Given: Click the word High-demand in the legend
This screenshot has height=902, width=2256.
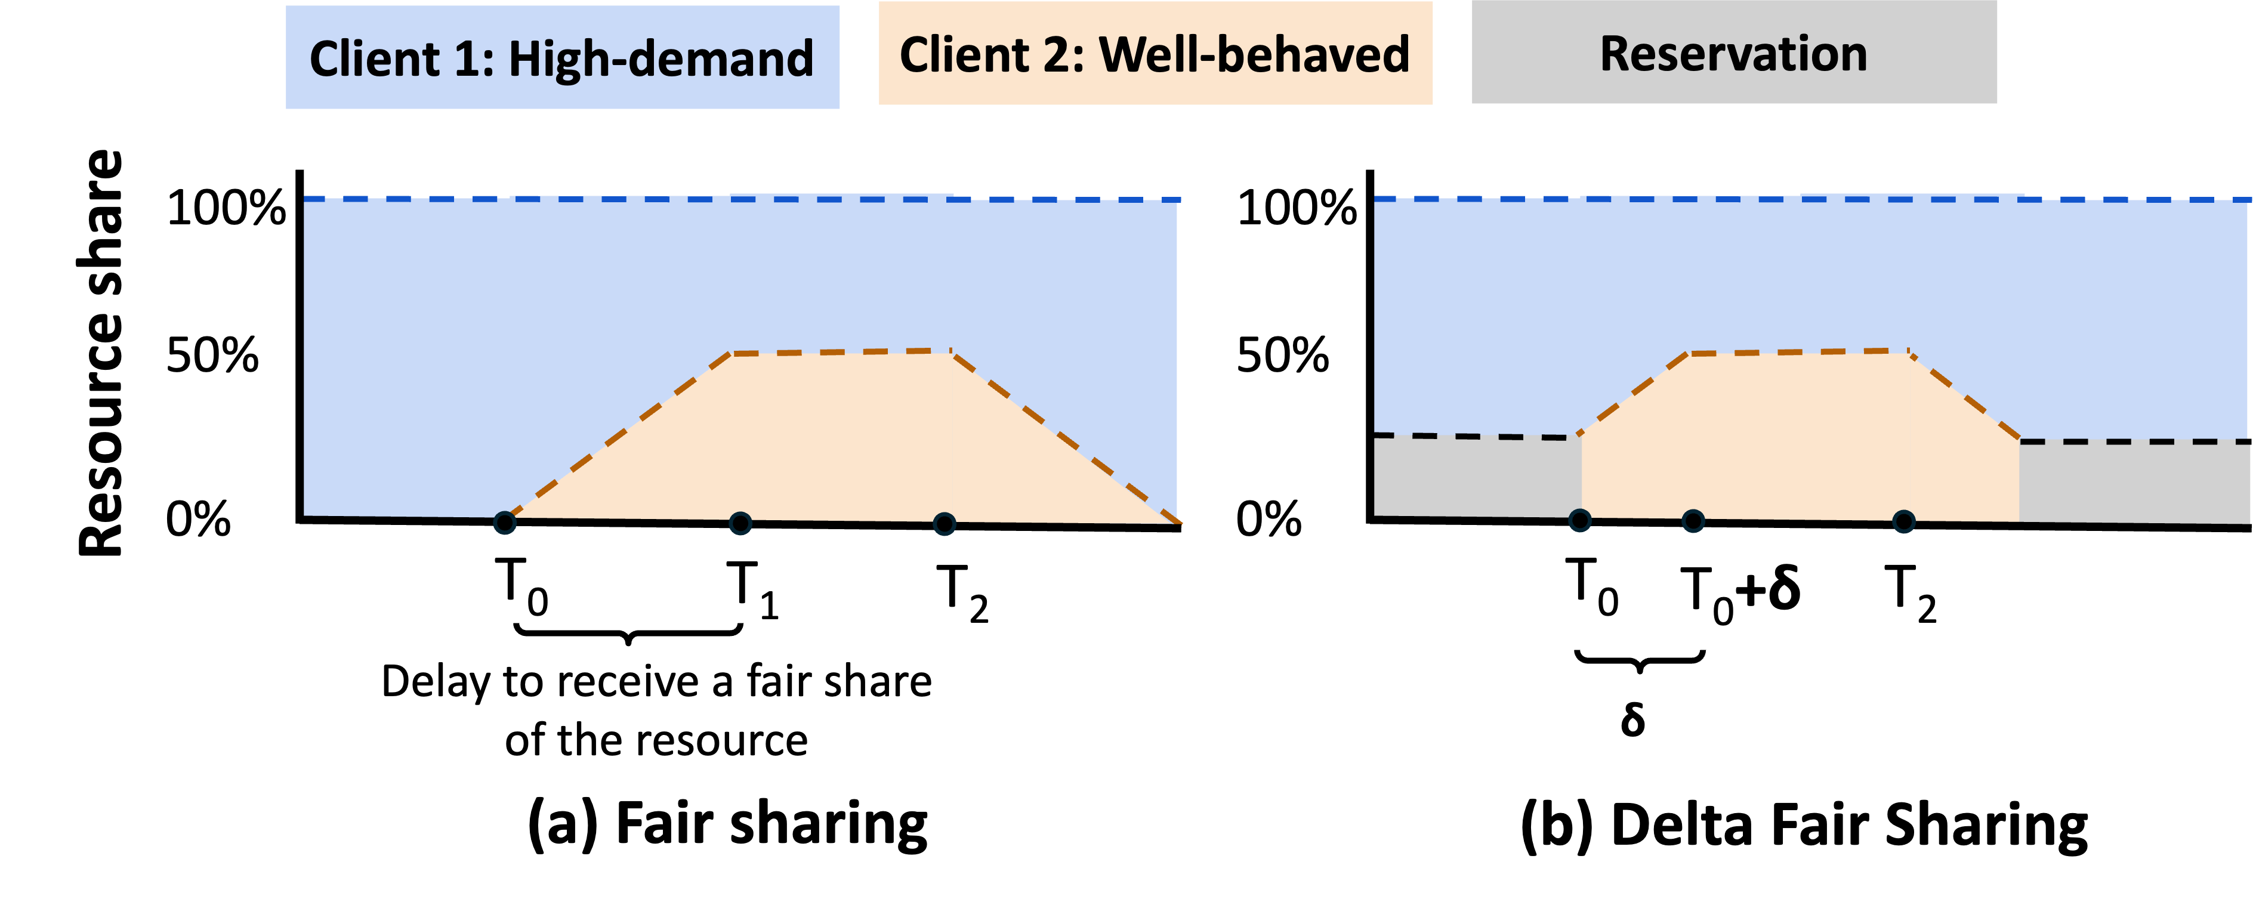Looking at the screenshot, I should click(661, 60).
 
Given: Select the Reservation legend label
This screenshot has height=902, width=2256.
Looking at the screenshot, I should click(1733, 54).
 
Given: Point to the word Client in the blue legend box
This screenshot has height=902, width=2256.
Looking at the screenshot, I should click(375, 60).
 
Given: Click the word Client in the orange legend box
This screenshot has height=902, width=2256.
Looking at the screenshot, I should click(964, 55).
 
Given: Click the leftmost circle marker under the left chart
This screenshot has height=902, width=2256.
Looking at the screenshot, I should click(504, 523).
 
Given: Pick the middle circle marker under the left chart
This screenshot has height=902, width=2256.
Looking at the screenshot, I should click(740, 524).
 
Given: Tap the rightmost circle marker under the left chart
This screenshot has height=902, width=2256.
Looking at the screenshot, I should click(944, 524).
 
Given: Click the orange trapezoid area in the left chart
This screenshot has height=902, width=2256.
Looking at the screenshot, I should click(841, 438).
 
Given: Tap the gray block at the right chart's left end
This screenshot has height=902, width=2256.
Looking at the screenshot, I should click(1477, 477).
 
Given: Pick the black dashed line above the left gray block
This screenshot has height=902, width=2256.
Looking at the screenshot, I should click(1477, 436).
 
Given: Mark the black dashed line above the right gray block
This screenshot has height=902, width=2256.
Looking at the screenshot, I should click(2134, 441).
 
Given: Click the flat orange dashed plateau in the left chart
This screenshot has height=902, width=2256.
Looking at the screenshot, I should click(841, 352).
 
